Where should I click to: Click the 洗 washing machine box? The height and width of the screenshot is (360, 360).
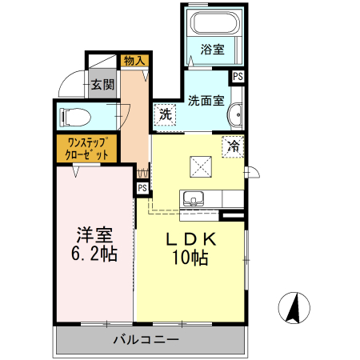[165, 114]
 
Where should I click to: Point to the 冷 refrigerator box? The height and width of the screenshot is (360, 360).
[233, 147]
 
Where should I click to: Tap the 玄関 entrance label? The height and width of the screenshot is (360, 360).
[102, 85]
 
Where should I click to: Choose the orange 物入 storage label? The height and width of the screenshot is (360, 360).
[134, 60]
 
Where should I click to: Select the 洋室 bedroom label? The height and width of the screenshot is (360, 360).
[94, 237]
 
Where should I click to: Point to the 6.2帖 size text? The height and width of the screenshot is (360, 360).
[94, 256]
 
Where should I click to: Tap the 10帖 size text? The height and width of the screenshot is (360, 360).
[190, 258]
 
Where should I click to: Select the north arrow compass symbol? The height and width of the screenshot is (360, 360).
[294, 308]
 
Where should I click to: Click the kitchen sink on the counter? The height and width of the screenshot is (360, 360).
[194, 199]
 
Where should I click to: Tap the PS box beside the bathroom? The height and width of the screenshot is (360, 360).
[238, 76]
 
